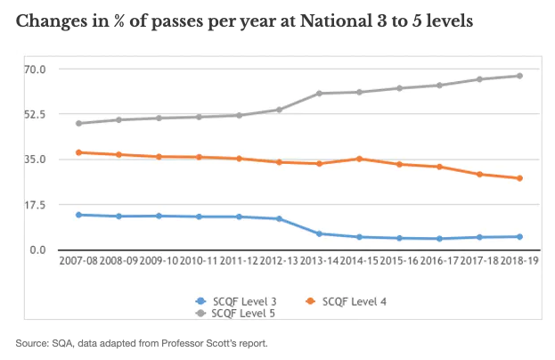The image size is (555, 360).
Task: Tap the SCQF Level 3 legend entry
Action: [x=233, y=300]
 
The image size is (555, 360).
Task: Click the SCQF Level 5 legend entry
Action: [x=233, y=314]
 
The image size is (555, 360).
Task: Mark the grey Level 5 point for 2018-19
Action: [x=519, y=76]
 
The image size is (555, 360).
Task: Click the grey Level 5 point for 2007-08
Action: [x=79, y=123]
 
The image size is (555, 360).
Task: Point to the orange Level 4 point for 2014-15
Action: [x=359, y=159]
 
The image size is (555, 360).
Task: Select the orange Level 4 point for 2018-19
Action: [x=519, y=178]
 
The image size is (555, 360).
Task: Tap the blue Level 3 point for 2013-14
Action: [x=319, y=233]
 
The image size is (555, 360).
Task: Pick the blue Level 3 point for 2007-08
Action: [x=79, y=215]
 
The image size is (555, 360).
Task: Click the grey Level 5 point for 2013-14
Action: [x=319, y=93]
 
